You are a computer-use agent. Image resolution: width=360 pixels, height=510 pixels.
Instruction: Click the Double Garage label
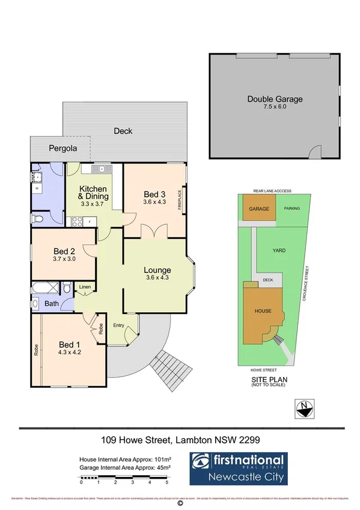point(275,99)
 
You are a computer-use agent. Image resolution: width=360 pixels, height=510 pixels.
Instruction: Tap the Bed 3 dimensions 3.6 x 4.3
point(154,202)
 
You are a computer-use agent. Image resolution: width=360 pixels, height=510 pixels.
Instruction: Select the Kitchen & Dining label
point(93,192)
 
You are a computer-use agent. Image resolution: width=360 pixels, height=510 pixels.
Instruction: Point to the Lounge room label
point(157,270)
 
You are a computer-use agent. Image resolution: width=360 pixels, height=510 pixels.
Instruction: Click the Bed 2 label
point(64,251)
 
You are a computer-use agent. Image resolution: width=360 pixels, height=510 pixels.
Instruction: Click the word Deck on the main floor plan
point(123,131)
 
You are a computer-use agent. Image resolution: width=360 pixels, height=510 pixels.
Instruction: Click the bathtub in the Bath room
point(43,287)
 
